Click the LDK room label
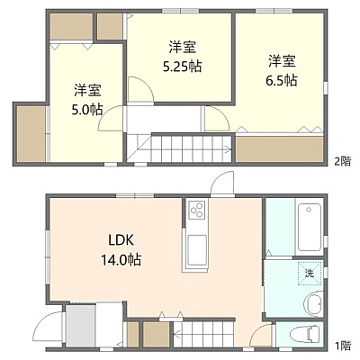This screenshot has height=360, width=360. click(121, 240)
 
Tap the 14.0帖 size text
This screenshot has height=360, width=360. click(121, 259)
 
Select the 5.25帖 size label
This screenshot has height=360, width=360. click(182, 67)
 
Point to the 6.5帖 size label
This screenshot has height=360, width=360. click(282, 80)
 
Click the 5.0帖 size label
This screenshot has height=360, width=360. click(87, 110)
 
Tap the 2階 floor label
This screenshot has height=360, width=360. click(343, 162)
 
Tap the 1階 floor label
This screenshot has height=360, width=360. click(343, 346)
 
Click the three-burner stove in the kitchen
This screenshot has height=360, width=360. click(196, 209)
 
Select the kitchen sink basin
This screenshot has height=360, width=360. click(197, 249)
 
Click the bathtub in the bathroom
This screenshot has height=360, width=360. click(309, 228)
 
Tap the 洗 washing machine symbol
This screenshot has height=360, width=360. click(310, 274)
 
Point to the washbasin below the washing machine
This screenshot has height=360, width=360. click(313, 303)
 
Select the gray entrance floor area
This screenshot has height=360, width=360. click(80, 326)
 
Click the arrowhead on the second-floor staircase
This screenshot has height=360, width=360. click(229, 148)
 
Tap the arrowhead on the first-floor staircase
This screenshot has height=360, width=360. click(176, 333)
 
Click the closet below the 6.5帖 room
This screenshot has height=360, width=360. click(280, 149)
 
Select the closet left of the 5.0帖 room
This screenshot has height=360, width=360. click(31, 134)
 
